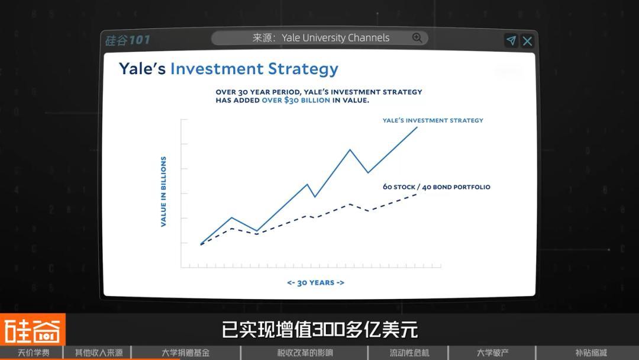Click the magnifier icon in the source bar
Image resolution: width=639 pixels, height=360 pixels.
(417, 38)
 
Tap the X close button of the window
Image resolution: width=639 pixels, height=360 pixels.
(527, 41)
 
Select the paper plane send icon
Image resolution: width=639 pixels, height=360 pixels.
(511, 40)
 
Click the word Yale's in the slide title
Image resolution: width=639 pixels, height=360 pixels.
(142, 69)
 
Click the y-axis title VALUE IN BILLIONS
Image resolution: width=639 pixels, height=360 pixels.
(163, 192)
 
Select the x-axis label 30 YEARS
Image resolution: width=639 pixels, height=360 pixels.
(315, 282)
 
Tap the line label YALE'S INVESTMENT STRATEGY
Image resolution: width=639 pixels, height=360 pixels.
(433, 120)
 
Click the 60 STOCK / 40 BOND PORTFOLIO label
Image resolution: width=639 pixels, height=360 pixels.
(437, 187)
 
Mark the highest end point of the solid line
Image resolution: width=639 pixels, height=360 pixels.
(417, 127)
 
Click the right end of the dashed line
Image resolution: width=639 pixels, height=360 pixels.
(417, 194)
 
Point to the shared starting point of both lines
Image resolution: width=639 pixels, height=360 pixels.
(201, 244)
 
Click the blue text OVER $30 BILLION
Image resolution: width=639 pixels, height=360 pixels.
(296, 100)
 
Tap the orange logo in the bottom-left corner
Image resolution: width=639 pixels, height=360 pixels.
(33, 329)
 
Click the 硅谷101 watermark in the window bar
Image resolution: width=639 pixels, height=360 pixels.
(128, 40)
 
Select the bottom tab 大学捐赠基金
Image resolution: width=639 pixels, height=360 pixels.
(185, 353)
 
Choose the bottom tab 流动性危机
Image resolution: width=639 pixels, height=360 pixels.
(409, 353)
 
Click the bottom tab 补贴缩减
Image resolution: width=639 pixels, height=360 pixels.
(591, 353)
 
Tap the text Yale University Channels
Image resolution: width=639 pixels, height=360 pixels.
(335, 38)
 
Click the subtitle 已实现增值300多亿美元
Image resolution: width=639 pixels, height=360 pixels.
(320, 329)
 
